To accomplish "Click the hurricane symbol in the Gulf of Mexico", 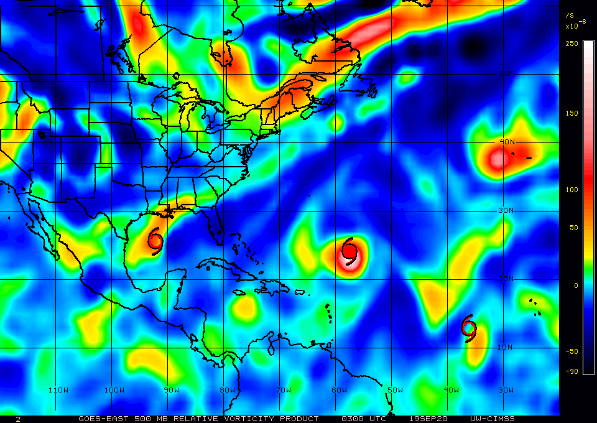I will (x=155, y=241).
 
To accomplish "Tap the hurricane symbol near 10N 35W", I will (x=469, y=328).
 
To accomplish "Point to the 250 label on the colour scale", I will (x=572, y=43).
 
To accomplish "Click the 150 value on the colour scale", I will (x=572, y=113).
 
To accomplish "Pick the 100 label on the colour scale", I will (x=572, y=190).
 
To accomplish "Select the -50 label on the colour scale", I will (x=570, y=351).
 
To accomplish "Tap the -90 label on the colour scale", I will (x=570, y=371).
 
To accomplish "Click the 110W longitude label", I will (x=58, y=390).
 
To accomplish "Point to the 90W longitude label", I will (x=172, y=390).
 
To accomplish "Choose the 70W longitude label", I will (x=284, y=390).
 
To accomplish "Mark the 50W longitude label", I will (x=395, y=390).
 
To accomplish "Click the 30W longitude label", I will (x=506, y=390).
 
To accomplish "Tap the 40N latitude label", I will (x=508, y=142).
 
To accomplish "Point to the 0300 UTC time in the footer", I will (x=360, y=419).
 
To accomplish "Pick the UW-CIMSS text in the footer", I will (x=493, y=419).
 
